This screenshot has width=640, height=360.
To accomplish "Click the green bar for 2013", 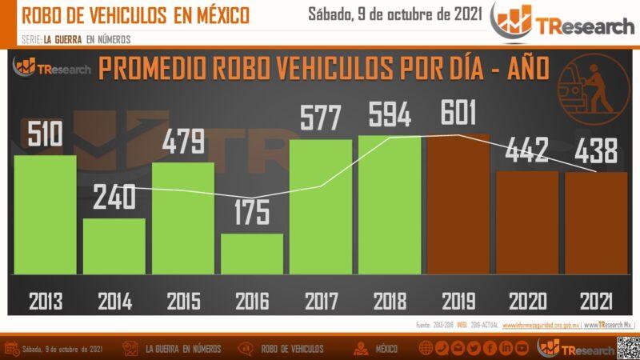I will (46, 214).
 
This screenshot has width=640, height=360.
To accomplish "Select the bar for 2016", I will (252, 254).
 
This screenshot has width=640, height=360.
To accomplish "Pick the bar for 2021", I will (596, 223).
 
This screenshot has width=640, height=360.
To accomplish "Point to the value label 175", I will (252, 213).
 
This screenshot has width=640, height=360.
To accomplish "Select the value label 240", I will (114, 198).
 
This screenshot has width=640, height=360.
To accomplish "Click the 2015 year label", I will (183, 301).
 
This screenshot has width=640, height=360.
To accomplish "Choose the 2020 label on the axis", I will (527, 301).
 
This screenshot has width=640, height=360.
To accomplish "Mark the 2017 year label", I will (321, 301).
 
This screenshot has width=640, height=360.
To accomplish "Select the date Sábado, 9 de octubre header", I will (394, 14).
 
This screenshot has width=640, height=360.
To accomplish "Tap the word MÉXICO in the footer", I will (387, 349).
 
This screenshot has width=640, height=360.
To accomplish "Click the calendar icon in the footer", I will (12, 349).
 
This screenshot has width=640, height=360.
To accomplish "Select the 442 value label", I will (527, 149).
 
